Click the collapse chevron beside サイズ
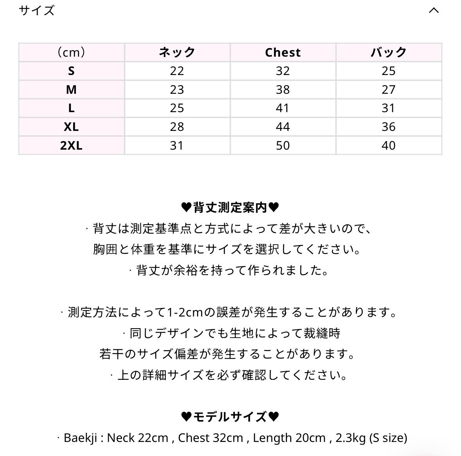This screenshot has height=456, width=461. pyautogui.click(x=434, y=11)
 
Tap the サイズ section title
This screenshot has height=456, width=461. pyautogui.click(x=37, y=11)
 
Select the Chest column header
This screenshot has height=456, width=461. pyautogui.click(x=283, y=52)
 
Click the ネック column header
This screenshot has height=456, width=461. pyautogui.click(x=177, y=52)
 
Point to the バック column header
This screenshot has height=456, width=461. pyautogui.click(x=388, y=52)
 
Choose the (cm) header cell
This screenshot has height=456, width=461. pyautogui.click(x=71, y=52)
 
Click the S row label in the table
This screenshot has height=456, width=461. pyautogui.click(x=71, y=71)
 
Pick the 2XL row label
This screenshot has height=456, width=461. pyautogui.click(x=71, y=146)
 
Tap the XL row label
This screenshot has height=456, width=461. pyautogui.click(x=71, y=127)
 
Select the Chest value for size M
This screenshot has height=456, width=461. pyautogui.click(x=283, y=90)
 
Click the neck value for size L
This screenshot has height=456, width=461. pyautogui.click(x=177, y=108)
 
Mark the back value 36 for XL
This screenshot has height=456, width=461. pyautogui.click(x=388, y=127)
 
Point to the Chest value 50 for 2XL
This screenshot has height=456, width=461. pyautogui.click(x=283, y=146)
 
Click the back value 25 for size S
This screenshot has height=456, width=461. pyautogui.click(x=388, y=71)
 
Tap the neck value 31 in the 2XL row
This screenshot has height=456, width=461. pyautogui.click(x=177, y=146)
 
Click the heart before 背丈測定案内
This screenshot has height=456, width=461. pyautogui.click(x=186, y=207)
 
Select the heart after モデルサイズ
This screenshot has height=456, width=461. pyautogui.click(x=274, y=417)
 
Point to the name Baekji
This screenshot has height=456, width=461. pyautogui.click(x=80, y=438)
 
